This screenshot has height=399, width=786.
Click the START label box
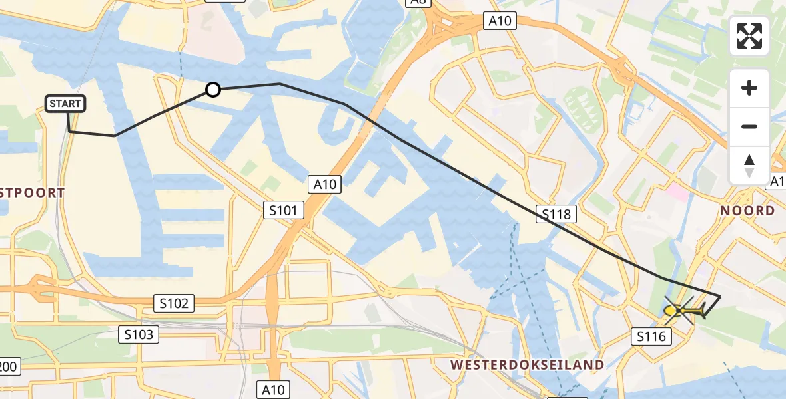click(66, 104)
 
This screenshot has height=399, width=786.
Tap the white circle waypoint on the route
click(212, 89)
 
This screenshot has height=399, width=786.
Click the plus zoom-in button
click(749, 88)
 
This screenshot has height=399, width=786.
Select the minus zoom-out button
click(749, 126)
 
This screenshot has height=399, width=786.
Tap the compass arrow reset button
click(749, 165)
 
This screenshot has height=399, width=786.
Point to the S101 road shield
click(283, 211)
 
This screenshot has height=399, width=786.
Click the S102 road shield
click(175, 303)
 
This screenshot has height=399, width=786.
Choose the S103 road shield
click(139, 334)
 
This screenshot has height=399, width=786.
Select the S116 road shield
click(651, 337)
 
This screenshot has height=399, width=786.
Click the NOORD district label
click(747, 211)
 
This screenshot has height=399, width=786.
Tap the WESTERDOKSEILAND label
click(528, 364)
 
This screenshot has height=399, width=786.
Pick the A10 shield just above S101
click(324, 184)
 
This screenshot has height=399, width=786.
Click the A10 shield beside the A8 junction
click(500, 21)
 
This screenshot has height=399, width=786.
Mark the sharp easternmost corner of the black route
click(720, 296)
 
